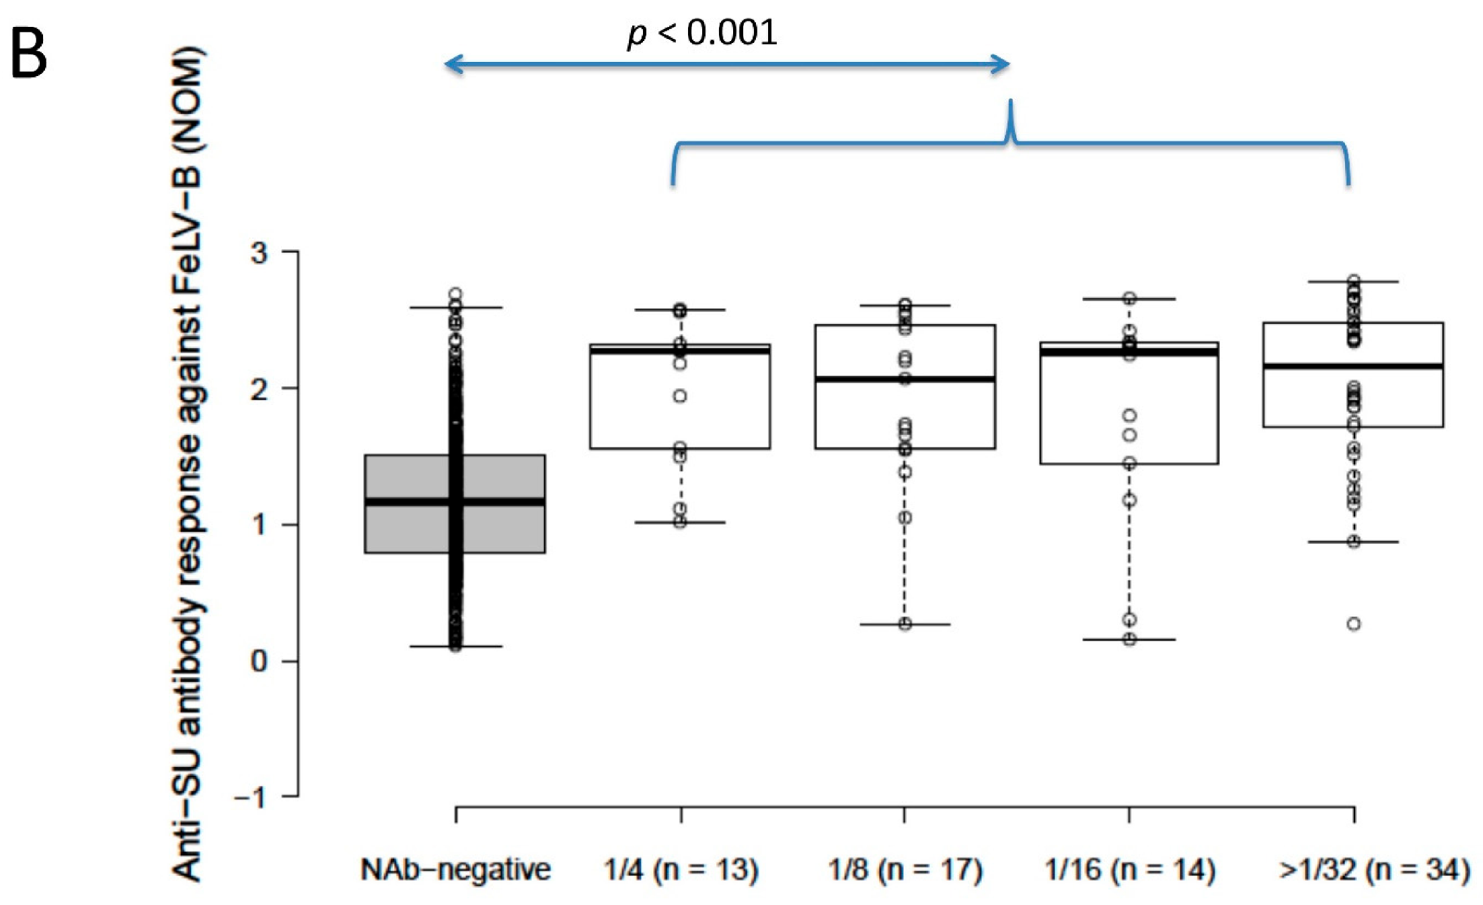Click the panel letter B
click(x=29, y=54)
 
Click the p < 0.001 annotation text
click(x=702, y=32)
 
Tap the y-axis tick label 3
click(x=259, y=252)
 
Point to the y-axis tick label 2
click(x=259, y=389)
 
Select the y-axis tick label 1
click(x=259, y=525)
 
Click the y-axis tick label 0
click(x=259, y=661)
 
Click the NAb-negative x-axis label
click(x=455, y=870)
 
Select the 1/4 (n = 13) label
click(x=681, y=870)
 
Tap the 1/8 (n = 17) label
click(x=905, y=870)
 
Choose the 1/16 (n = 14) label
click(x=1129, y=870)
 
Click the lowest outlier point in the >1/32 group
click(x=1354, y=624)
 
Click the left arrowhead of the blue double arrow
click(x=449, y=65)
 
